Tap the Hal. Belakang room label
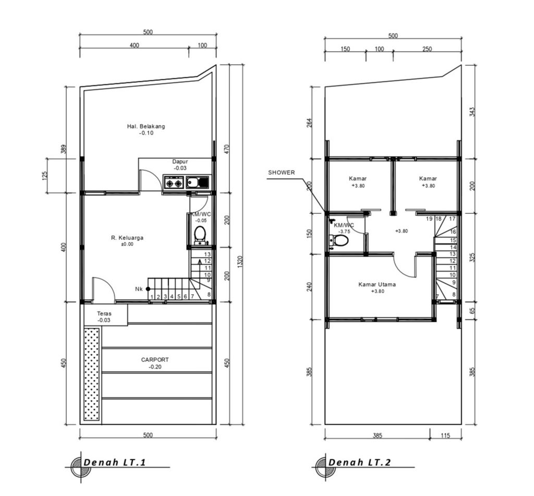point(146,126)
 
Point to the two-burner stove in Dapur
point(174,183)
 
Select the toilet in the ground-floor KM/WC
point(200,235)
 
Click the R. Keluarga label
point(127,238)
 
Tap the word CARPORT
point(155,360)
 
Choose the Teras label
point(104,314)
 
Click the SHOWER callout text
point(281,173)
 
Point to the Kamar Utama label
point(377,285)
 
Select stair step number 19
point(429,219)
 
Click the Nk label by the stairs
point(138,288)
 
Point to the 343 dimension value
point(471,112)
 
